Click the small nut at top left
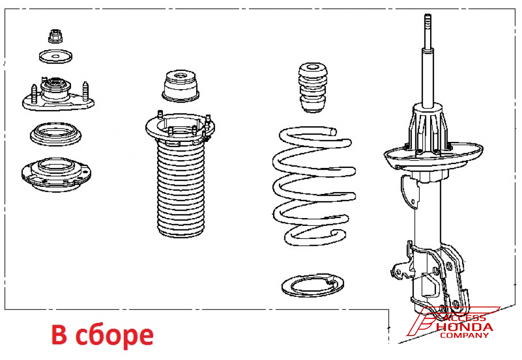[56, 37]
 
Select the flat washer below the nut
[56, 56]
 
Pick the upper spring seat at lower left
[56, 174]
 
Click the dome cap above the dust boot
[181, 86]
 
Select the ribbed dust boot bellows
[180, 189]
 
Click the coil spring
[314, 186]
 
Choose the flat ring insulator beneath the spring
[312, 285]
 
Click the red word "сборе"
[114, 335]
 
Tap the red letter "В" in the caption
[59, 334]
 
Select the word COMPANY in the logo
[464, 335]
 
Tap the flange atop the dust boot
[180, 128]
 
